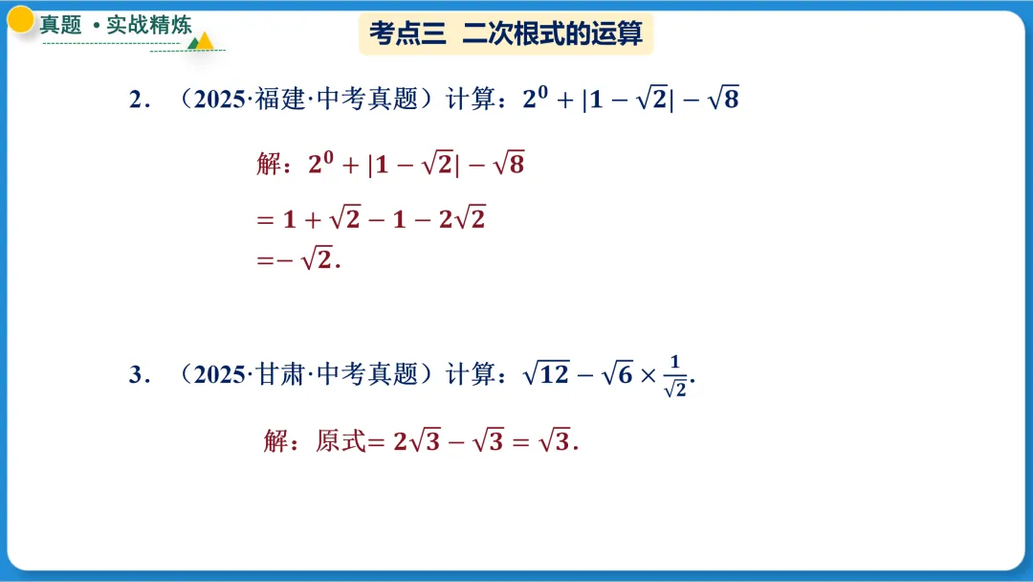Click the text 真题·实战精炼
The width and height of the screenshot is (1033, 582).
pyautogui.click(x=116, y=24)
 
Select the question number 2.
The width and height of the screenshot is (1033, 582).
pyautogui.click(x=135, y=100)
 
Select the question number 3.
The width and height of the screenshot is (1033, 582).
pyautogui.click(x=135, y=374)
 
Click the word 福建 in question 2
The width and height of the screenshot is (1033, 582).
pyautogui.click(x=277, y=100)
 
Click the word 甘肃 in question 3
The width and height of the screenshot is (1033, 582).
pyautogui.click(x=277, y=374)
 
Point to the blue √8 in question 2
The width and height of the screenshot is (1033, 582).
pyautogui.click(x=723, y=99)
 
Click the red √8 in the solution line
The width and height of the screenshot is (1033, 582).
pyautogui.click(x=508, y=165)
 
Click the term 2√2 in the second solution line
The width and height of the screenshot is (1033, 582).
pyautogui.click(x=463, y=219)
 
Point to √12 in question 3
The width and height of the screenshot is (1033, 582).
pyautogui.click(x=546, y=373)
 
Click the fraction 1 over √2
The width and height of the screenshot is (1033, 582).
pyautogui.click(x=675, y=375)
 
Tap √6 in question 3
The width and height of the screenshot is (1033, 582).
pyautogui.click(x=617, y=373)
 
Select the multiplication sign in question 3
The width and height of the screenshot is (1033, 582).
pyautogui.click(x=648, y=375)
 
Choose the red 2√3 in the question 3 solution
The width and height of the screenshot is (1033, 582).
pyautogui.click(x=416, y=441)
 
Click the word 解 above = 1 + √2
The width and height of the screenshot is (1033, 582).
pyautogui.click(x=268, y=165)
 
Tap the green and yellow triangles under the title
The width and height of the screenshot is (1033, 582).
pyautogui.click(x=201, y=42)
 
